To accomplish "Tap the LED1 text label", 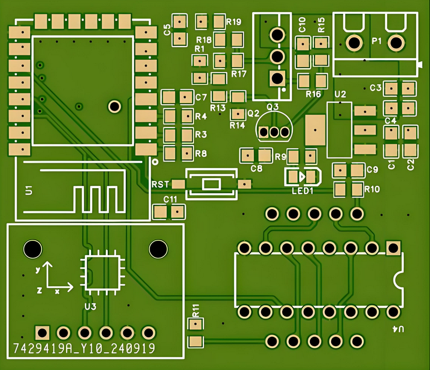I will (x=303, y=191).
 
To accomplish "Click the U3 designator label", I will (x=91, y=306).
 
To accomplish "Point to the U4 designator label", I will (x=398, y=330).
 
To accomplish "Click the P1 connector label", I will (x=377, y=40).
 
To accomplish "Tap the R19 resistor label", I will (x=233, y=22).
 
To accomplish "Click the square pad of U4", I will (x=393, y=247).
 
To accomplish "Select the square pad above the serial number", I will (x=42, y=332).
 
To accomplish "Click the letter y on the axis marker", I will (x=37, y=270).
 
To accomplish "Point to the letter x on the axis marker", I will (x=57, y=291).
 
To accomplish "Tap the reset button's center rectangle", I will (x=212, y=184).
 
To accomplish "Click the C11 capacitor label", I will (x=170, y=199).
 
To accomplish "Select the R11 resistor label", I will (x=196, y=310).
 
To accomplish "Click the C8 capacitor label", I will (x=257, y=169).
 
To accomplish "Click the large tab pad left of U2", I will (x=315, y=130).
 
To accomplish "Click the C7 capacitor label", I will (x=201, y=97).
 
